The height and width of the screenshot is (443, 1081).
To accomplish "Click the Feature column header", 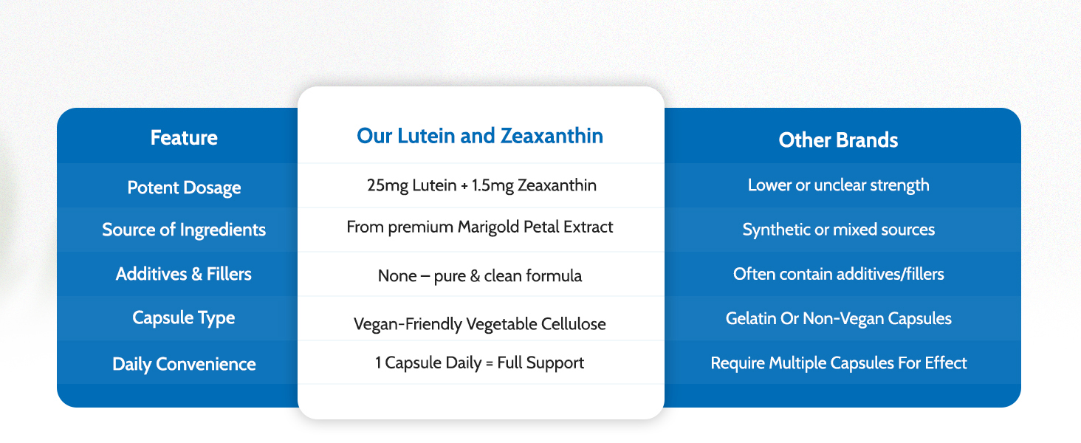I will click(x=184, y=138).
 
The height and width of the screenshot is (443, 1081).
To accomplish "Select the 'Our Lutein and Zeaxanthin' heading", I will click(x=480, y=136).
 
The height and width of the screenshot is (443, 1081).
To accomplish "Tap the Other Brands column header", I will click(x=838, y=140).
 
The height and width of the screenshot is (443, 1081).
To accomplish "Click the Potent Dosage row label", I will click(x=184, y=188).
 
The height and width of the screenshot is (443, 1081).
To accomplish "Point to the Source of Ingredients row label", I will click(x=184, y=230).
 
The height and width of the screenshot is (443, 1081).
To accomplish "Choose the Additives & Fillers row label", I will click(x=184, y=274).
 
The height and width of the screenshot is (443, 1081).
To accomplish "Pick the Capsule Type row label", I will click(x=184, y=318).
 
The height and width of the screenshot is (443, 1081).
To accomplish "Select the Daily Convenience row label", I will click(x=184, y=364).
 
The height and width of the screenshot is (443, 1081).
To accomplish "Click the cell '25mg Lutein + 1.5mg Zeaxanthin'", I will click(x=481, y=185).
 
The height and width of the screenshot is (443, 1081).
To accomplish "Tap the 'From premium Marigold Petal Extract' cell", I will click(x=480, y=227).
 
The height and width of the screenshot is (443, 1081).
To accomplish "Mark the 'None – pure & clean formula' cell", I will click(x=480, y=276).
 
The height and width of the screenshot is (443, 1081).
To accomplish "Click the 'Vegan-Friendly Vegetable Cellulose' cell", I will click(x=480, y=324).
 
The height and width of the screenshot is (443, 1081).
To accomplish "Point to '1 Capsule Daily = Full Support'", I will click(x=480, y=363).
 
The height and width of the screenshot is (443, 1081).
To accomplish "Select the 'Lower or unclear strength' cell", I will click(x=838, y=185).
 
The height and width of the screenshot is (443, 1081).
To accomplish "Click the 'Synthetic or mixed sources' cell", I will click(x=838, y=230).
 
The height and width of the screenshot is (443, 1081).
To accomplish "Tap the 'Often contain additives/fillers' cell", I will click(x=838, y=274).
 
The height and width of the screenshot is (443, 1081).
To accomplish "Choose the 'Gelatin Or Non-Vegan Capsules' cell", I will click(x=838, y=318).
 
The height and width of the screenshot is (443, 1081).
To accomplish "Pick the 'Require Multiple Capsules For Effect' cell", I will click(x=838, y=363).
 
